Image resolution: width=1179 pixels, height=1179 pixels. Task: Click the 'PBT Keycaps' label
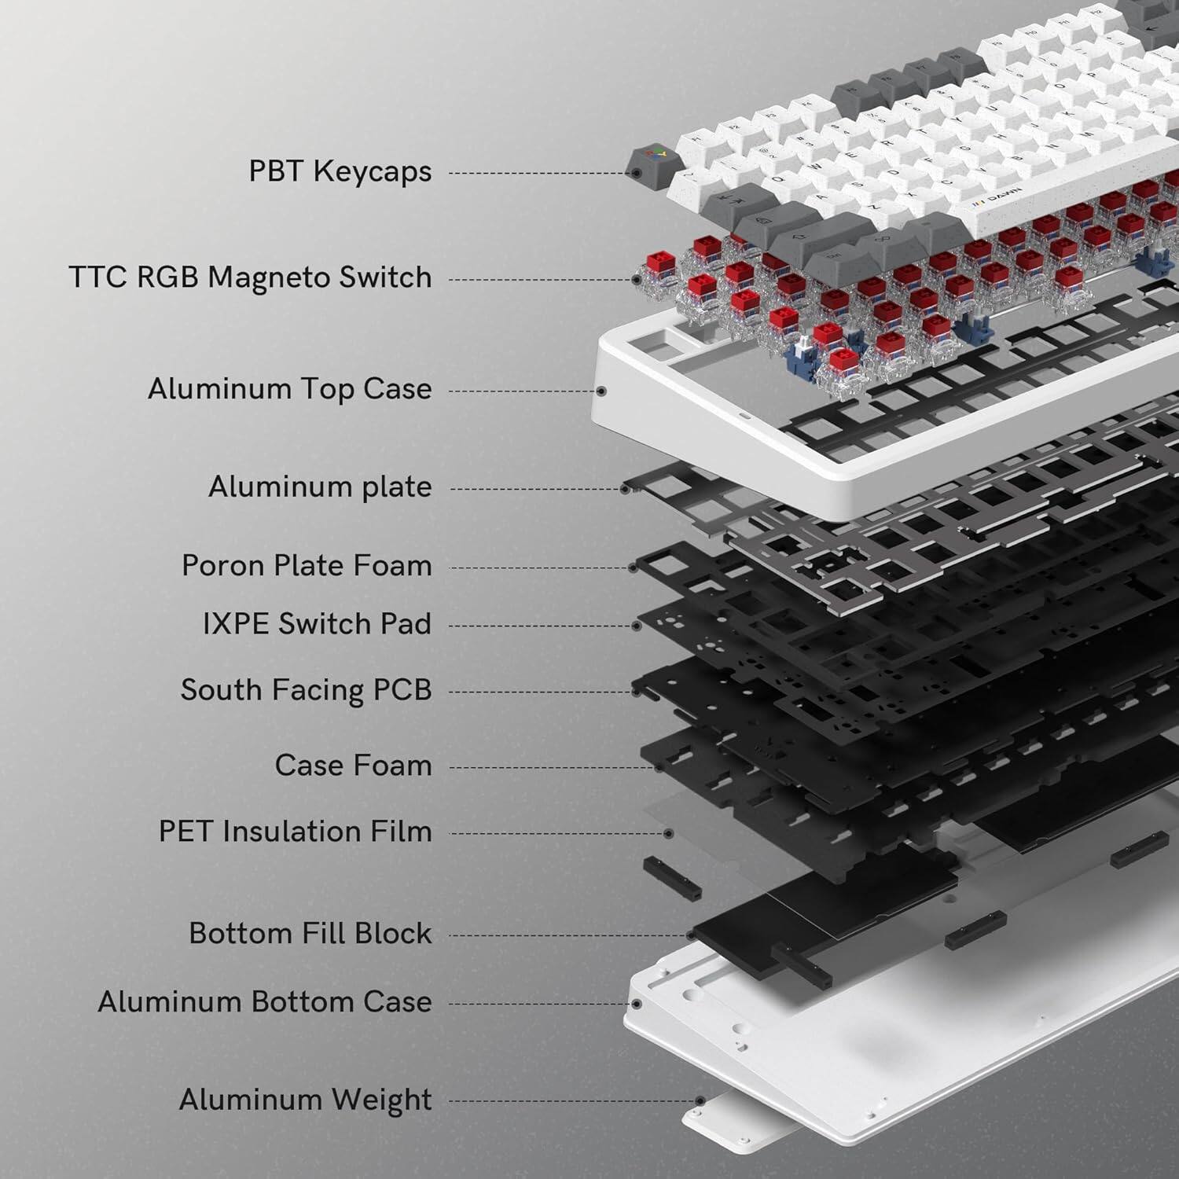pos(340,171)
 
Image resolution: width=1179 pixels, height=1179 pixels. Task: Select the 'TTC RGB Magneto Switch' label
pos(250,277)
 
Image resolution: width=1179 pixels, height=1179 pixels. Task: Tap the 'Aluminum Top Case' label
pos(289,389)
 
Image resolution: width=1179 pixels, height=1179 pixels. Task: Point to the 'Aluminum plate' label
pos(319,487)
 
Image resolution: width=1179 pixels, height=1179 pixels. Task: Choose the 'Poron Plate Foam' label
pos(307,566)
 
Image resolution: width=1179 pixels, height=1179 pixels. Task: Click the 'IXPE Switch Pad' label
pos(317,624)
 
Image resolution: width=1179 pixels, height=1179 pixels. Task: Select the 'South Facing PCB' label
pos(306,690)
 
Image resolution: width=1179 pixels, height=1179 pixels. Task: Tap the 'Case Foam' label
pos(353,766)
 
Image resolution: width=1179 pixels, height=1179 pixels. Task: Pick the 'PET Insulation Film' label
pos(295,832)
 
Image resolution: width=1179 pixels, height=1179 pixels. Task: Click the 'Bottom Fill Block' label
pos(310,934)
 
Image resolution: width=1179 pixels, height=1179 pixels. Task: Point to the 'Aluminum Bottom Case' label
pos(264,1002)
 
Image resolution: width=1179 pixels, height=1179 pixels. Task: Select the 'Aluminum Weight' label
pos(305,1100)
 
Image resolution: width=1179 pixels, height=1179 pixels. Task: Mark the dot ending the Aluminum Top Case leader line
pos(601,391)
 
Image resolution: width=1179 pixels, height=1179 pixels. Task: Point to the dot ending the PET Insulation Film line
pos(669,833)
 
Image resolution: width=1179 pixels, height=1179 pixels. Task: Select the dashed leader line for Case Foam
pos(550,768)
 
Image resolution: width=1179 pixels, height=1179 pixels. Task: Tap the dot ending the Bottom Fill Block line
pos(691,935)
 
